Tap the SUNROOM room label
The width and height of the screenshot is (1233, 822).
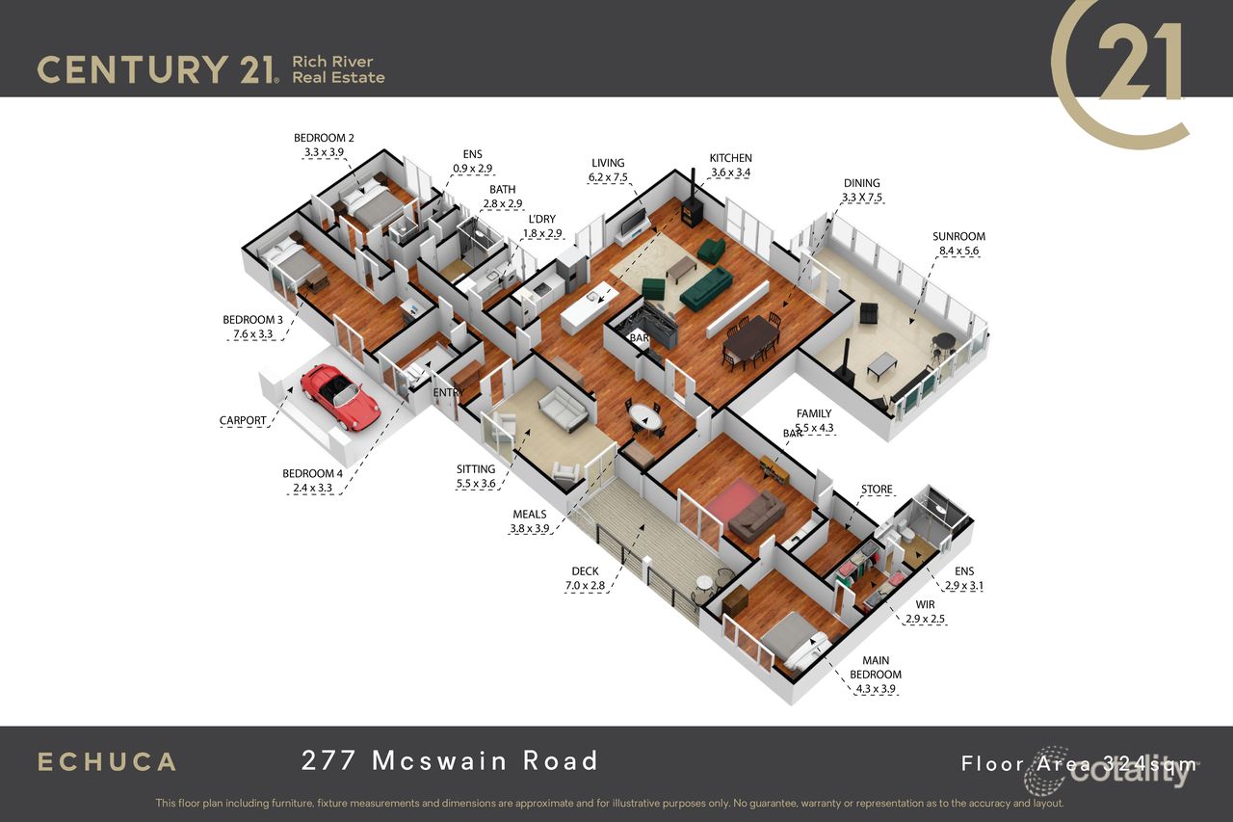point(958,236)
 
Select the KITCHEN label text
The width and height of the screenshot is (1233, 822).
point(730,158)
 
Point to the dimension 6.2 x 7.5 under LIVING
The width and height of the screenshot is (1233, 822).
point(608,177)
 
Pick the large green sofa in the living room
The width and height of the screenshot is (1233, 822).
point(706,287)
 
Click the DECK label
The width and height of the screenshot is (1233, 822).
point(585,571)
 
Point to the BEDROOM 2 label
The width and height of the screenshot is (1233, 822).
point(324,138)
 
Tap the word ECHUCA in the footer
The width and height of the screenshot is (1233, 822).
point(106,761)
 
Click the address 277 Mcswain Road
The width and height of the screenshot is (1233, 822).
point(450,760)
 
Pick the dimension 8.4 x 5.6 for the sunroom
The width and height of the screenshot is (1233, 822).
point(958,251)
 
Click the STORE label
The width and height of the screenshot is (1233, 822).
point(877,490)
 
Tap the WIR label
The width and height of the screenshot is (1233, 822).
point(925,605)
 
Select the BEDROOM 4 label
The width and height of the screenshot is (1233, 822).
point(312,473)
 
